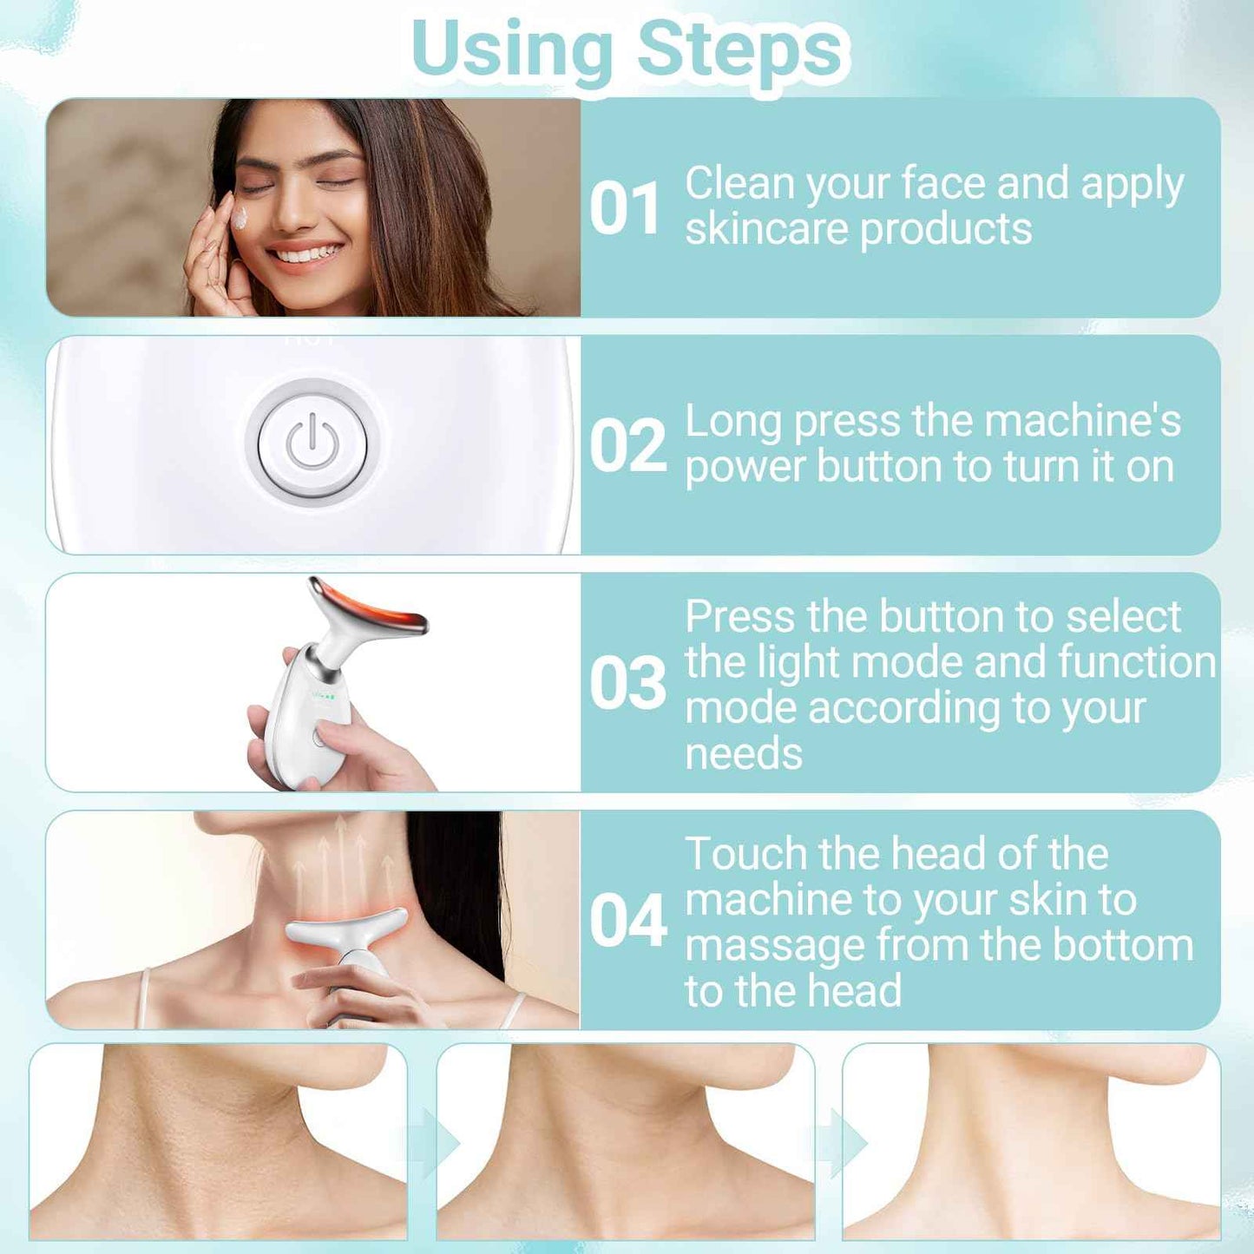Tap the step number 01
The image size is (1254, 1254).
[625, 209]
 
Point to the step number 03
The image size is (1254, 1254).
[627, 683]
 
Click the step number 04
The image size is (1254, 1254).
[627, 921]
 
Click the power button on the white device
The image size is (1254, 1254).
[312, 443]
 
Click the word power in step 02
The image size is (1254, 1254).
[746, 468]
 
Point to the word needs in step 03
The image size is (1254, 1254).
[743, 753]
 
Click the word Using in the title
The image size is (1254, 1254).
[512, 49]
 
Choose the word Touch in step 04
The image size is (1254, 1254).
[745, 854]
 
